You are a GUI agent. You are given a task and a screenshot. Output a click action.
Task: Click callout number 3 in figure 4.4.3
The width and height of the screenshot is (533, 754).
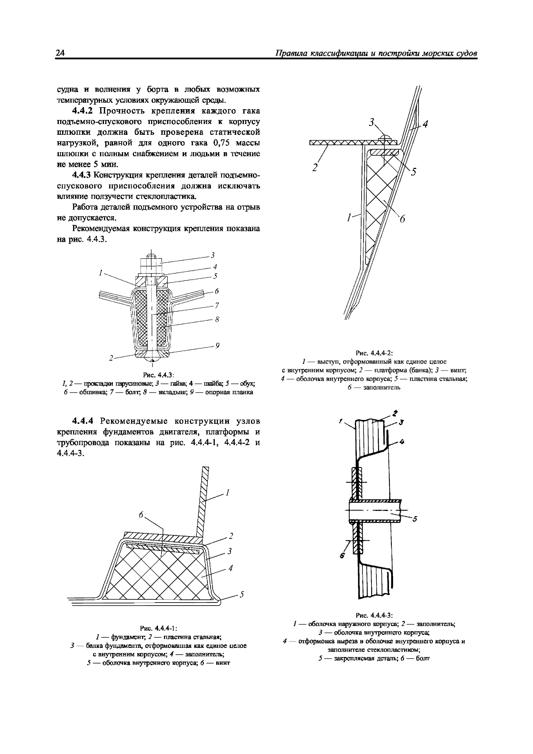click(213, 255)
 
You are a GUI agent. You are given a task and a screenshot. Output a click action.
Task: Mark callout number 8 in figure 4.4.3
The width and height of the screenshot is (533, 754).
click(217, 319)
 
